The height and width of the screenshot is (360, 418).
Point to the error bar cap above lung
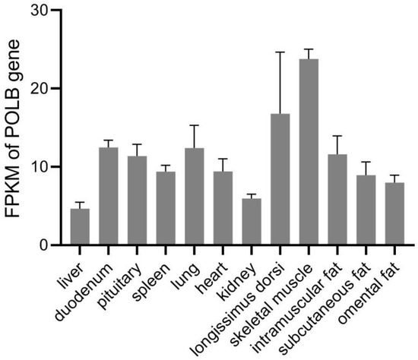coord(194,125)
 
